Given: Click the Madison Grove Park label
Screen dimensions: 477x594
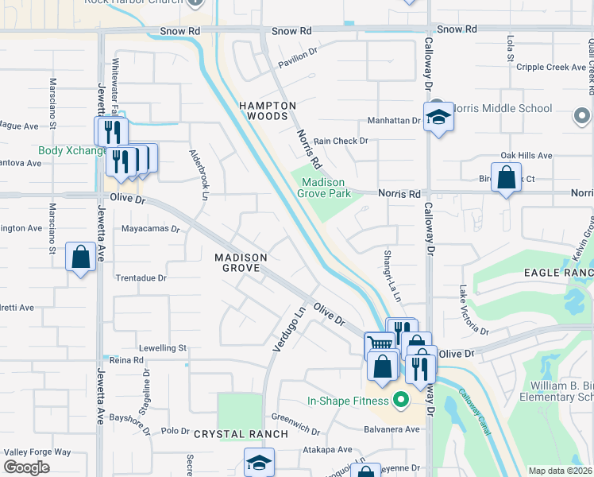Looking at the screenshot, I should coord(326,188).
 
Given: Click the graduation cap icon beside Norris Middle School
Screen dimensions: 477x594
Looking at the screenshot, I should coord(437,118).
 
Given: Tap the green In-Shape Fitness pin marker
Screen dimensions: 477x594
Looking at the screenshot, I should coord(401,400).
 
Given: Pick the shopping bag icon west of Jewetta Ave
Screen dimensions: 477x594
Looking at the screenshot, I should coord(80,257).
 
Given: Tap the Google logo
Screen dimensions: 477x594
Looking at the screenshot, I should coord(27,467).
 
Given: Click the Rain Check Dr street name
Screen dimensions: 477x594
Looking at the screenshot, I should coord(341,141).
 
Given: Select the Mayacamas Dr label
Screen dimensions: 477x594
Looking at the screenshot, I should coord(151,228).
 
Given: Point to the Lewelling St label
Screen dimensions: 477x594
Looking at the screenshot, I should coord(162,348).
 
